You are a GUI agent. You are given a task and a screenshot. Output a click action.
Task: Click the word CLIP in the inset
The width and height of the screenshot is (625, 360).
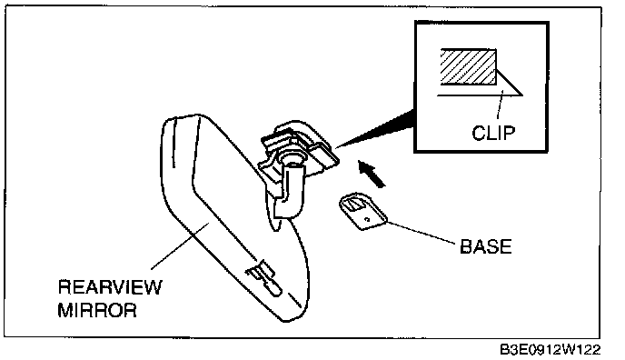[x=493, y=133]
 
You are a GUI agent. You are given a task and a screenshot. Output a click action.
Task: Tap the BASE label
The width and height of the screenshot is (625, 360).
[x=485, y=246]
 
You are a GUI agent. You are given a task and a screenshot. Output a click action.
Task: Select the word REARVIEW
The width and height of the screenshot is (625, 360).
[x=110, y=287]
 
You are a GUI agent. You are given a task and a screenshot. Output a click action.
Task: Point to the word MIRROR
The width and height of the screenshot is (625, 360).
[x=97, y=310]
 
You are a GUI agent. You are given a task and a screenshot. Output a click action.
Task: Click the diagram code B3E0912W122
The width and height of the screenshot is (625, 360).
[x=551, y=350]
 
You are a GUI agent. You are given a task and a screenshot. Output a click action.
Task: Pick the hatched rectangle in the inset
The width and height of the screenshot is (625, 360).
[x=469, y=66]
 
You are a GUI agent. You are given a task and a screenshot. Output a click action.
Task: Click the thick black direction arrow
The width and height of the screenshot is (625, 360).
[x=372, y=174]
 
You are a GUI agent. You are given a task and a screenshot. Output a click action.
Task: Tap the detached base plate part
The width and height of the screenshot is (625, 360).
[x=362, y=211]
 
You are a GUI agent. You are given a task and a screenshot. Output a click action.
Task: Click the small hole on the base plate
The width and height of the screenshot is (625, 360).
[x=368, y=219]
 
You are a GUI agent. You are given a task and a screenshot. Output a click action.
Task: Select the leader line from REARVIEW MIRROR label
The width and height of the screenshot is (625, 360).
[x=180, y=246]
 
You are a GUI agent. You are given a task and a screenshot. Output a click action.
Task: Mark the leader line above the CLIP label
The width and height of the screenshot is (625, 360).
[x=500, y=105]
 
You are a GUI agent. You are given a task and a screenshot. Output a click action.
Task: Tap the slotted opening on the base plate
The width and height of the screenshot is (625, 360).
[x=353, y=205]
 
